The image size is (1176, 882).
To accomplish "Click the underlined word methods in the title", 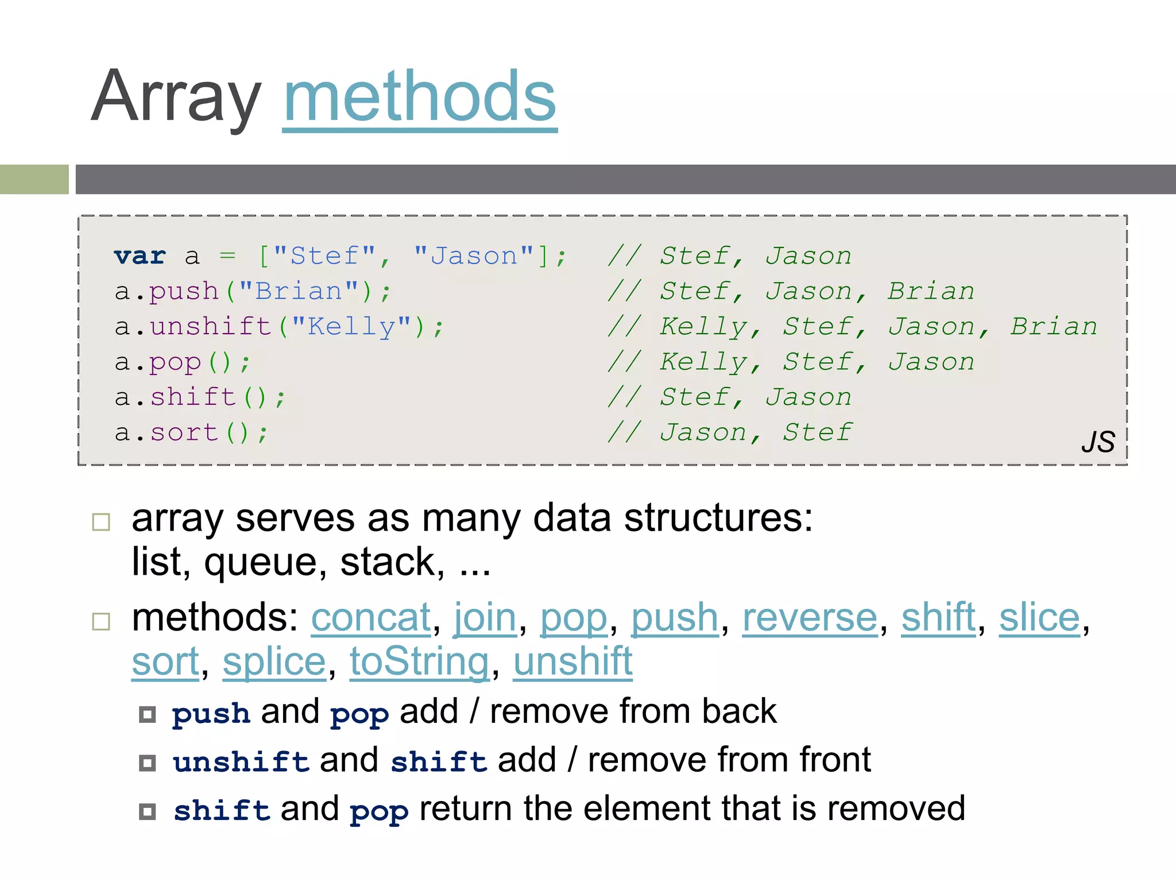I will [x=420, y=98].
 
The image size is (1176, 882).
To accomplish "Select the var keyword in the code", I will [x=140, y=256].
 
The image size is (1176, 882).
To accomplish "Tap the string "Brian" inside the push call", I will [x=299, y=292].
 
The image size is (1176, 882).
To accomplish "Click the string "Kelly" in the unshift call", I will [x=351, y=327].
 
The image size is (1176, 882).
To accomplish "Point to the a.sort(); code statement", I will [x=191, y=432].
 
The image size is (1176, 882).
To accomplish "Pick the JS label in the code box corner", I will [x=1098, y=442].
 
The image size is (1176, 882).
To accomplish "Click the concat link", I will [x=371, y=618].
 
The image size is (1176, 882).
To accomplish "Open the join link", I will [x=485, y=618].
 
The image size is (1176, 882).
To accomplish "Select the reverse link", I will [x=810, y=618].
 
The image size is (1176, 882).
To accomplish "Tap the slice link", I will [x=1039, y=618].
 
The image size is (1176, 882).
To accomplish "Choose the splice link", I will [x=274, y=662].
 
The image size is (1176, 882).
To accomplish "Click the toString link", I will [x=420, y=662].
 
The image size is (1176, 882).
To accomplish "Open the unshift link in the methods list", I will [x=572, y=662].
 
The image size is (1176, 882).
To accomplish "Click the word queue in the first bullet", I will [x=260, y=563].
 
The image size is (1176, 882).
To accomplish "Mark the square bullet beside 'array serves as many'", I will [x=101, y=522].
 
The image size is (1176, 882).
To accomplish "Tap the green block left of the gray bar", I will [x=34, y=179].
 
